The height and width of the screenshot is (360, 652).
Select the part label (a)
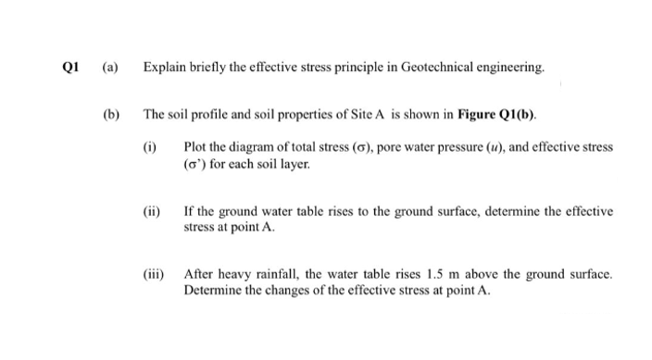109,68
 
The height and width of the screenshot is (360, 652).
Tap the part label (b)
109,116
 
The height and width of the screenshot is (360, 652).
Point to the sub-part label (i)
151,148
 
